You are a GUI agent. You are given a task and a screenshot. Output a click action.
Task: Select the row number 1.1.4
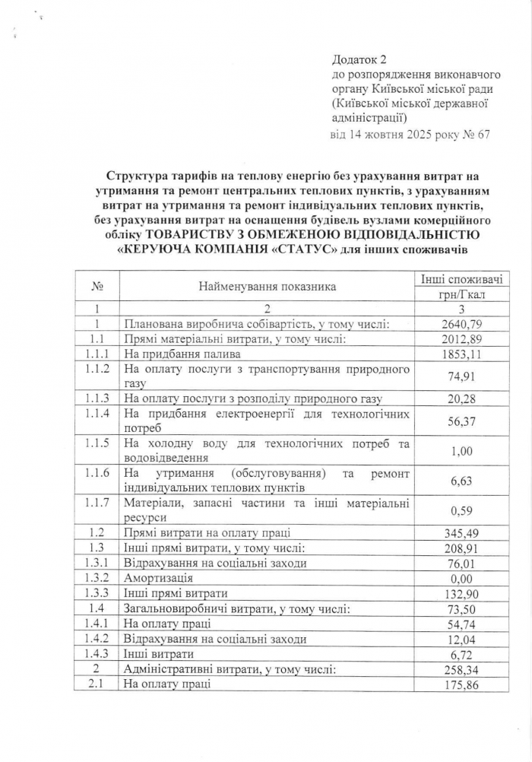pos(97,414)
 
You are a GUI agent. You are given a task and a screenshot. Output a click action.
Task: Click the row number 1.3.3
pos(97,593)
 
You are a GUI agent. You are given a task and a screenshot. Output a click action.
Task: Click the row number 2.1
pos(97,683)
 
